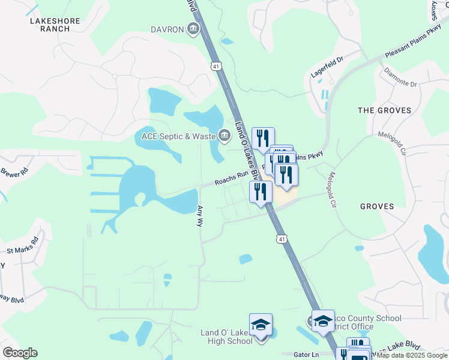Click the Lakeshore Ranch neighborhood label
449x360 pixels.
tap(55, 25)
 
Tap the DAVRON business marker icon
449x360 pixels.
tap(193, 29)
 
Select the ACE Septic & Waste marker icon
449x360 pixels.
tap(224, 136)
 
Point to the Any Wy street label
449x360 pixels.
tap(200, 217)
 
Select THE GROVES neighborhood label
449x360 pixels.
tap(384, 110)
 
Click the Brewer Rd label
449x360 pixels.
tap(14, 171)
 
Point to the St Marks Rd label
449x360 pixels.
tap(22, 245)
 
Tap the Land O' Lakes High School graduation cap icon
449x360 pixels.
tap(261, 324)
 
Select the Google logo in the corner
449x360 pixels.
tap(20, 353)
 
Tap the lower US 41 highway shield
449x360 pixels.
tap(282, 239)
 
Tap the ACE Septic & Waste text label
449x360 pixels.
tap(179, 136)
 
